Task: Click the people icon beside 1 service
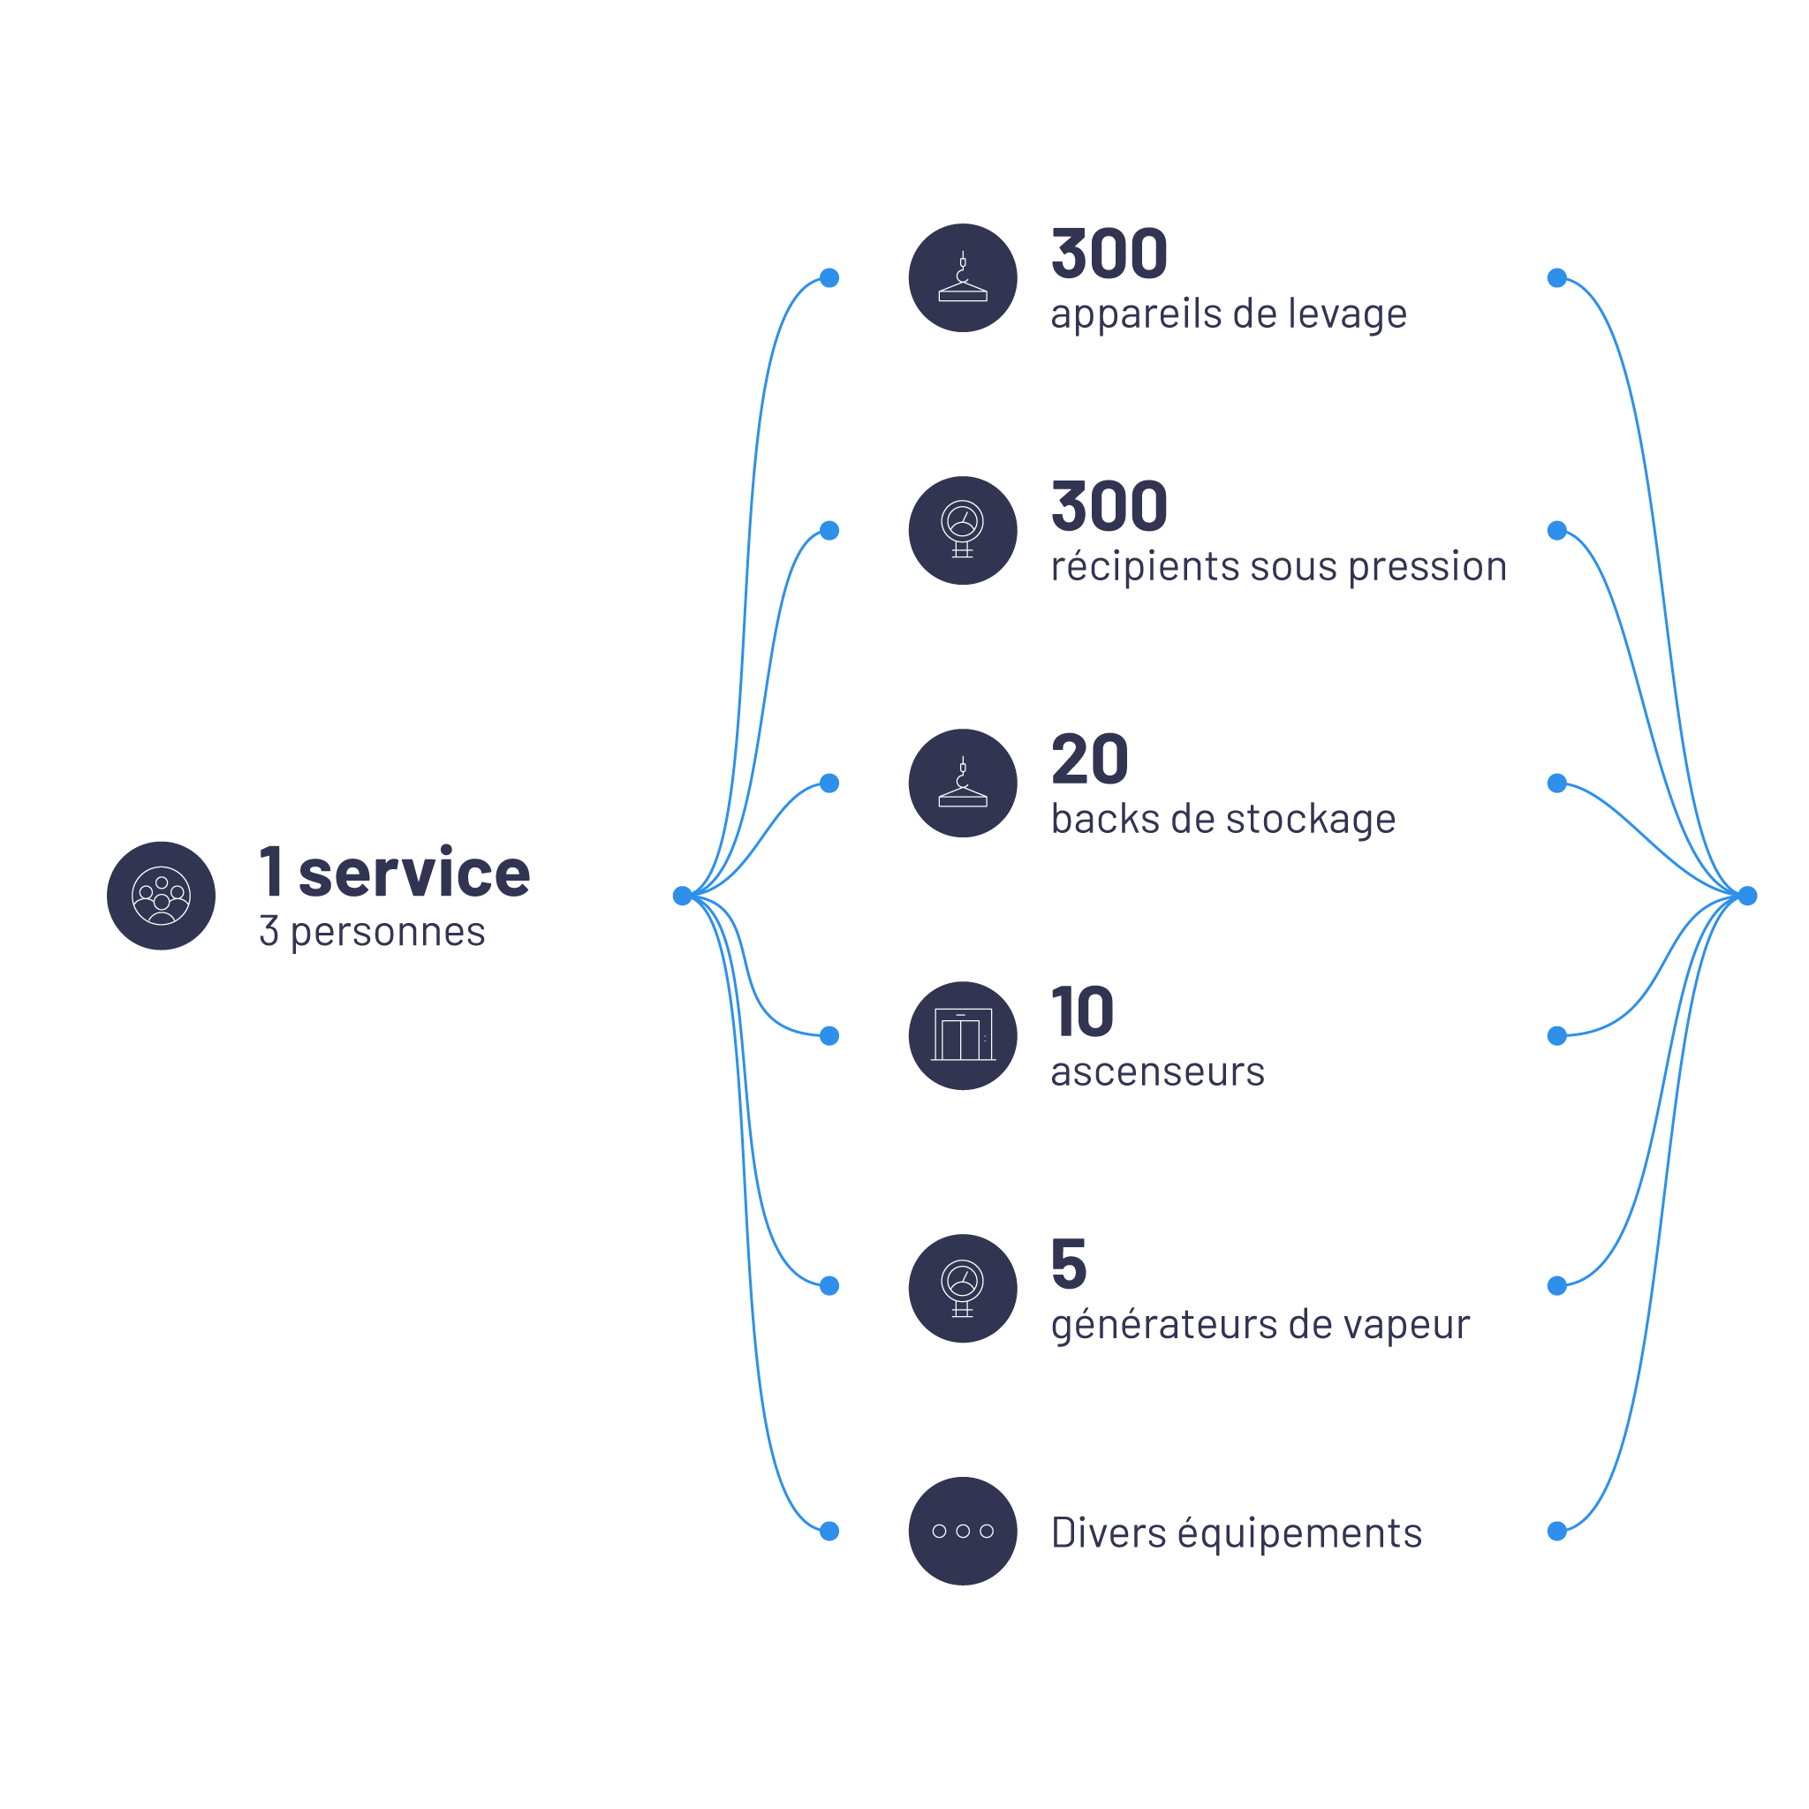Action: point(161,895)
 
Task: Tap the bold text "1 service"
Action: point(394,873)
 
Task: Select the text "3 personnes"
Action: point(372,932)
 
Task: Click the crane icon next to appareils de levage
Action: point(963,278)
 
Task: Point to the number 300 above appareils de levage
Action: point(1109,254)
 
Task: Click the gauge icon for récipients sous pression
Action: point(963,531)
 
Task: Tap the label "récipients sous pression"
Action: point(1278,566)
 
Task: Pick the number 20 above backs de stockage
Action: point(1089,760)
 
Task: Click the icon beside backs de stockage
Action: point(963,783)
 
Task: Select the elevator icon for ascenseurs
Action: point(963,1035)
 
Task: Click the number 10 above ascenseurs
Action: point(1081,1012)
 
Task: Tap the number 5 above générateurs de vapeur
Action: point(1069,1264)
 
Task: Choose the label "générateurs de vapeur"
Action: point(1260,1325)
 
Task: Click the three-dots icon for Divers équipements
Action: point(963,1531)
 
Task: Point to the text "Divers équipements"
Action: point(1236,1533)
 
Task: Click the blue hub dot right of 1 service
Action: point(683,896)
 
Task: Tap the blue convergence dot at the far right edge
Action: point(1747,896)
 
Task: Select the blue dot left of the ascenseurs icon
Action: point(829,1035)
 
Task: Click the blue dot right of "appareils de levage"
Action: point(1557,278)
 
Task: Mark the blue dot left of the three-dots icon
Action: point(829,1531)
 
